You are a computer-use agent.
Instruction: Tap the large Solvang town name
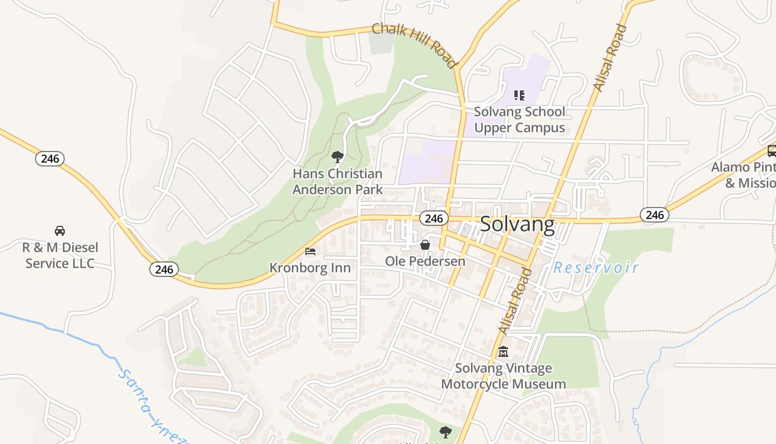click(517, 224)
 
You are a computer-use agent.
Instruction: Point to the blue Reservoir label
click(596, 268)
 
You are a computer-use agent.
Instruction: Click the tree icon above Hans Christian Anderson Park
click(337, 157)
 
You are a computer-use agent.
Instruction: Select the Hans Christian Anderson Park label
click(338, 181)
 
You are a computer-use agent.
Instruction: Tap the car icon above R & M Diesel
click(60, 230)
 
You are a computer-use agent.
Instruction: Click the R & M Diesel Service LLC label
click(60, 255)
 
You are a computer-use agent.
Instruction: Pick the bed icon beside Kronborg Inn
click(310, 251)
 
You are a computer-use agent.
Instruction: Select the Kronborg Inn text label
click(310, 268)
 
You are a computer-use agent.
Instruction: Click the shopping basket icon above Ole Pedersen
click(425, 244)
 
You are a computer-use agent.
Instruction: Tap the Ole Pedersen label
click(425, 261)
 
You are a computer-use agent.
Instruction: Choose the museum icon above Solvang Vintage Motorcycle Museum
click(503, 351)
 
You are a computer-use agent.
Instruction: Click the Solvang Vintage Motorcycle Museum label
click(503, 376)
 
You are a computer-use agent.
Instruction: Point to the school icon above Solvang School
click(519, 95)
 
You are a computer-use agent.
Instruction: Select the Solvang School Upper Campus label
click(519, 119)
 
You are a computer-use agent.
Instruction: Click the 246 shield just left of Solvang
click(433, 218)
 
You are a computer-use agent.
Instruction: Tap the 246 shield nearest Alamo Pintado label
click(655, 215)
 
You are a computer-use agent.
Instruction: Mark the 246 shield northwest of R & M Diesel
click(50, 159)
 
